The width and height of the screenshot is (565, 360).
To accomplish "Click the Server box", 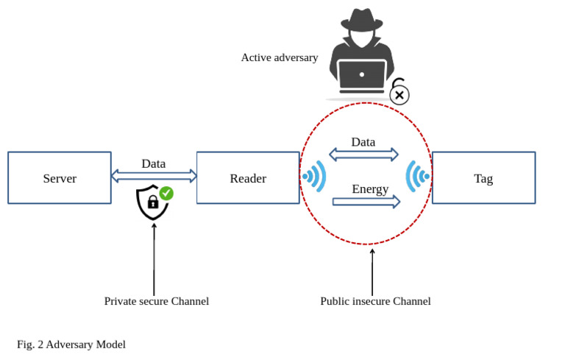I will click(x=60, y=178).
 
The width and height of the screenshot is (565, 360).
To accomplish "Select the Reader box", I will click(x=248, y=178).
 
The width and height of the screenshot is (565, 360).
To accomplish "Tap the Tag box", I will click(x=483, y=178).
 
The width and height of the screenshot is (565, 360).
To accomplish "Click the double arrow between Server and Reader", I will click(x=154, y=176).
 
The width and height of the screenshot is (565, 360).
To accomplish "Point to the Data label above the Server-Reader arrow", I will click(x=154, y=163).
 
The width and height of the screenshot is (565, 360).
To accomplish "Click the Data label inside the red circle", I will click(x=363, y=142).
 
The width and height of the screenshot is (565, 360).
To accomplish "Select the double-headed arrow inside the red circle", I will click(x=363, y=155).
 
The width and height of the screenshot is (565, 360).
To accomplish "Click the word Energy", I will click(x=370, y=189).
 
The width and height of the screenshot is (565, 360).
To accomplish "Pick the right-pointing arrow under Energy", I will click(x=366, y=201).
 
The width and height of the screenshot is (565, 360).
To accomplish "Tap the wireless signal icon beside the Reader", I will click(x=314, y=177).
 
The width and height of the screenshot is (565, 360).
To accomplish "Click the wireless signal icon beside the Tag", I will click(x=417, y=177).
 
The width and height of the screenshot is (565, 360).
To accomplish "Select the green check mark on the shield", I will click(x=167, y=193).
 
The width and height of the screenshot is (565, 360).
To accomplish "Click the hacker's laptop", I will click(x=362, y=76).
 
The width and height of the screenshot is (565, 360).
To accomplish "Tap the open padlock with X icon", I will click(x=399, y=92).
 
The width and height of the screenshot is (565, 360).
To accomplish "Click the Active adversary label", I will click(x=280, y=57).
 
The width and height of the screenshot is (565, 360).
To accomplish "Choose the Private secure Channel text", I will click(x=157, y=301).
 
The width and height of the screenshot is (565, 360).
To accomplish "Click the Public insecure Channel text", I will click(x=375, y=301).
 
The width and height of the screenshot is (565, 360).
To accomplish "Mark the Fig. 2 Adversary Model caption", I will click(x=71, y=344).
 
